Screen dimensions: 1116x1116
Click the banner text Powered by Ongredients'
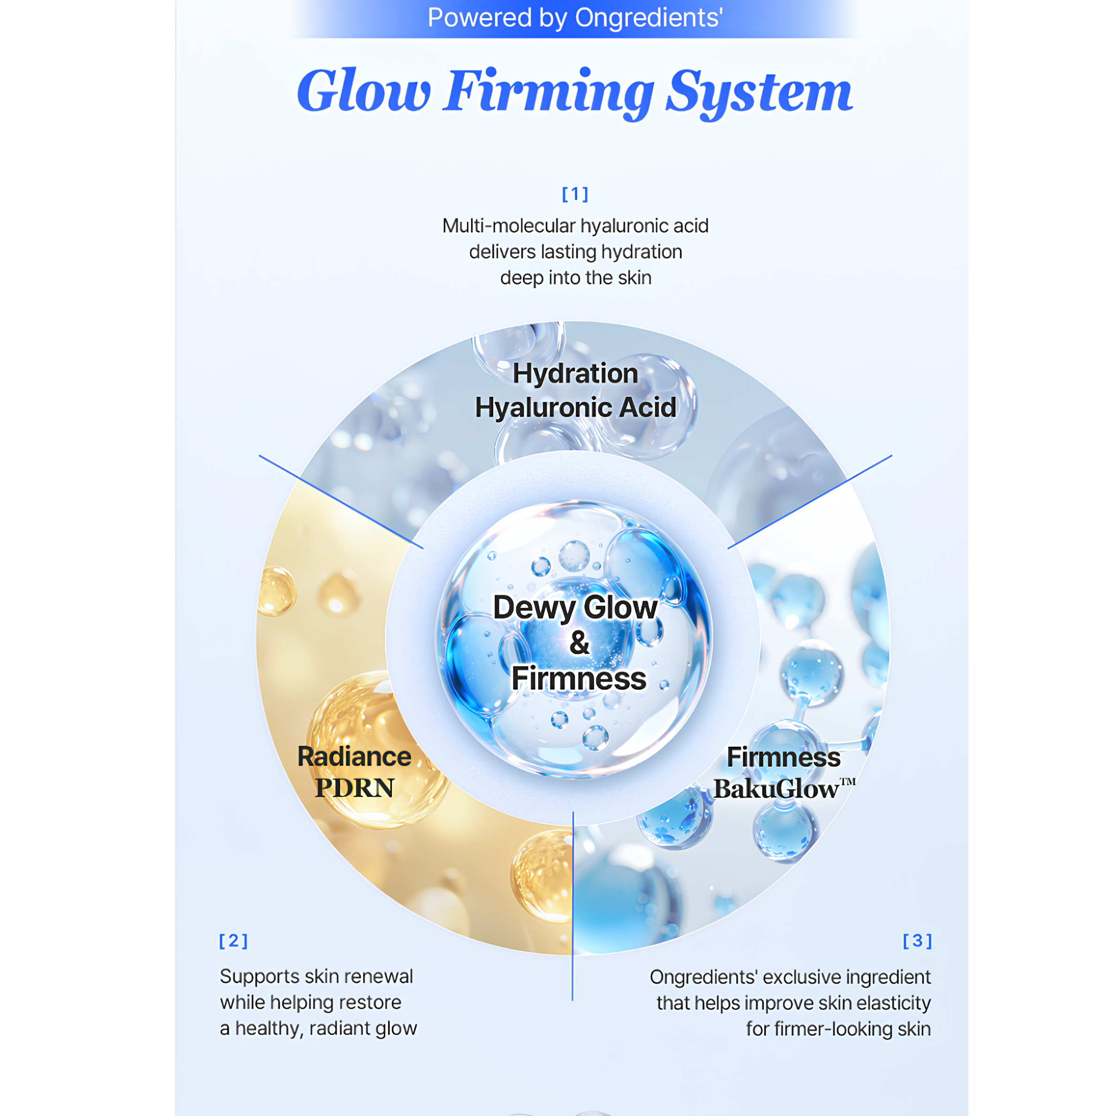coord(575,18)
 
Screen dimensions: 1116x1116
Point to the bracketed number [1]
coord(575,194)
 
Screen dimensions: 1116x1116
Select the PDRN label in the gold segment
coord(354,788)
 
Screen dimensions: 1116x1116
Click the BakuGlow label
coord(777,789)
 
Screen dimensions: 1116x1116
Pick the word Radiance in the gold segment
coord(354,757)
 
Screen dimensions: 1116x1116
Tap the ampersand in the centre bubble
coord(580,642)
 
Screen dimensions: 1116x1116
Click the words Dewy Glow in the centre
coord(575,608)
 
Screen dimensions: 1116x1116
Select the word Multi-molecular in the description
coord(509,226)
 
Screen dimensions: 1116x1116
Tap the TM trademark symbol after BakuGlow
coord(848,782)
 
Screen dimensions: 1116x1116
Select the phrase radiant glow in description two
coord(363,1029)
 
